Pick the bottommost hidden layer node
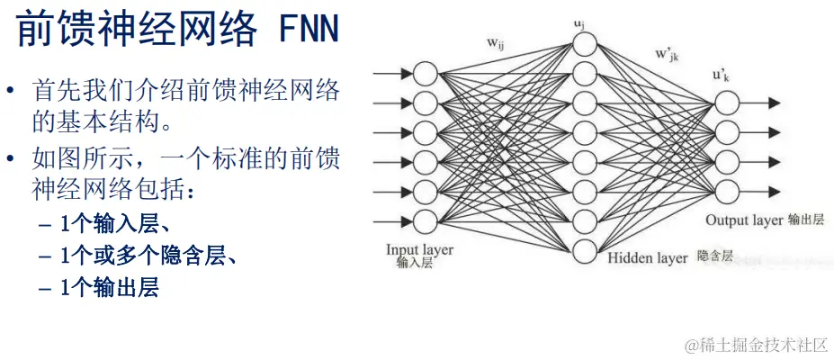(585, 252)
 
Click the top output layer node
(725, 103)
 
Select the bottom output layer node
(725, 191)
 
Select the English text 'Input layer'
(419, 249)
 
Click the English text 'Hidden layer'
(647, 257)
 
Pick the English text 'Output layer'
(743, 220)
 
